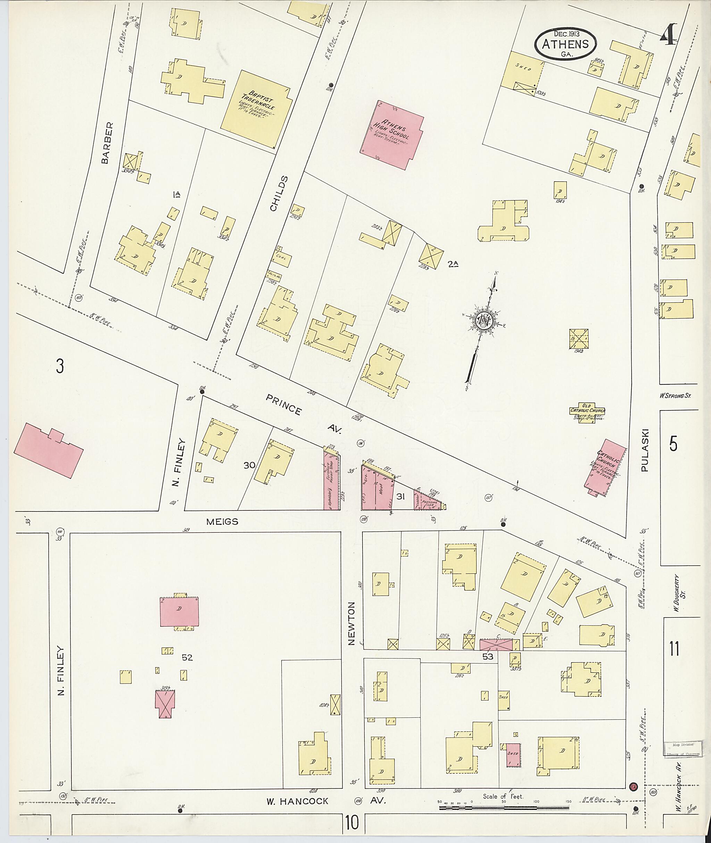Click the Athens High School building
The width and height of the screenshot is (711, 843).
[392, 135]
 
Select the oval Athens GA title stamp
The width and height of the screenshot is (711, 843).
[566, 44]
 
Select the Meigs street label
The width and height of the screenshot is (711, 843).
[222, 521]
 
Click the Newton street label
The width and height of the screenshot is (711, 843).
[351, 629]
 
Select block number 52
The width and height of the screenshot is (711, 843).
[187, 657]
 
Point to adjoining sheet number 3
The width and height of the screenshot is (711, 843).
[60, 366]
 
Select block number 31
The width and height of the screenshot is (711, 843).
[400, 497]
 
